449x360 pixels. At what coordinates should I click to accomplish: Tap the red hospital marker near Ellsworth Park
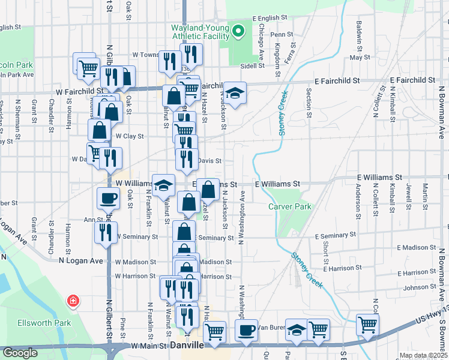tap(73, 300)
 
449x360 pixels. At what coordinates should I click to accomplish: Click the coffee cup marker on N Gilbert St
tap(108, 197)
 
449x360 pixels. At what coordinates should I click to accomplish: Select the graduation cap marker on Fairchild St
tap(235, 92)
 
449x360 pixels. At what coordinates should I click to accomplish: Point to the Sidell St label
tap(253, 65)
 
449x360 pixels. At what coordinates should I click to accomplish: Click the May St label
tap(360, 58)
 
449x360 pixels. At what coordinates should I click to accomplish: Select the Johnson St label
tap(419, 288)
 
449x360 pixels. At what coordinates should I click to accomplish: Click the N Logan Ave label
tap(81, 262)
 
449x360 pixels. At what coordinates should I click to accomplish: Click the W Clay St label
tap(130, 136)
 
